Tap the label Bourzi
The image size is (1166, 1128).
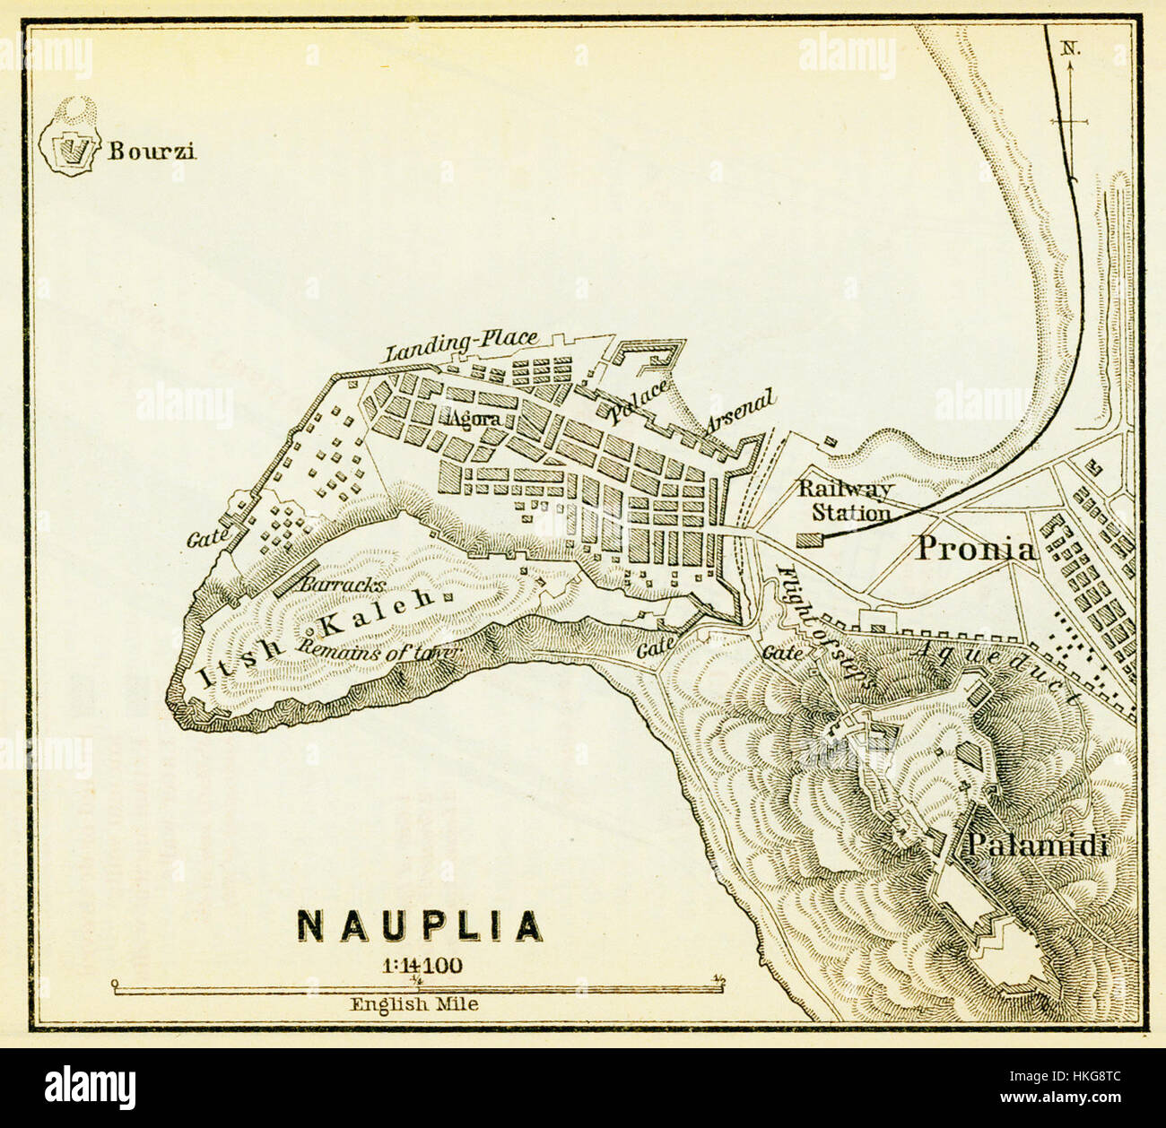pyautogui.click(x=152, y=151)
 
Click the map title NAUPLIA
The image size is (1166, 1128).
pyautogui.click(x=420, y=926)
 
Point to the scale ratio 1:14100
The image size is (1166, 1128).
pyautogui.click(x=421, y=966)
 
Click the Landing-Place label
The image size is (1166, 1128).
pyautogui.click(x=462, y=346)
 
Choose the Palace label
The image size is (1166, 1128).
pyautogui.click(x=638, y=401)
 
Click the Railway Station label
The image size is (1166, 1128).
pyautogui.click(x=847, y=501)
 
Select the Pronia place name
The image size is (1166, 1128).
pyautogui.click(x=975, y=548)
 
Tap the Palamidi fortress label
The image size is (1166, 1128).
pyautogui.click(x=1038, y=845)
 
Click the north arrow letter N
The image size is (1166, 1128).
pyautogui.click(x=1070, y=49)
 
